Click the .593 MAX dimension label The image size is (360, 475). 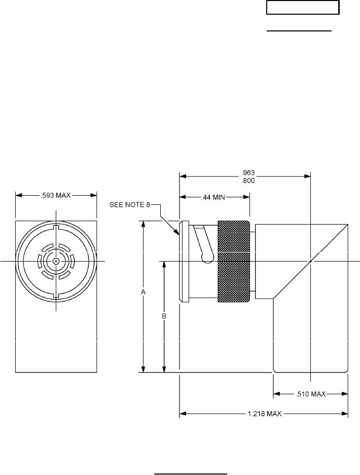point(56,195)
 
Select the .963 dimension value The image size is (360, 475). point(248,173)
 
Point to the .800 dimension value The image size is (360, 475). point(248,181)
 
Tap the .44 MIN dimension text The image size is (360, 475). point(213,198)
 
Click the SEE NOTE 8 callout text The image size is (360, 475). point(130,205)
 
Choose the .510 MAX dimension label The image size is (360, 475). point(311,394)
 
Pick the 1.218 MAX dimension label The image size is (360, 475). point(265,414)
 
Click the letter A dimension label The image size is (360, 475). point(143,293)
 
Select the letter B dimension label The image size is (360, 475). point(164,316)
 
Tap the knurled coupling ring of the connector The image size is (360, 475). point(234,262)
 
